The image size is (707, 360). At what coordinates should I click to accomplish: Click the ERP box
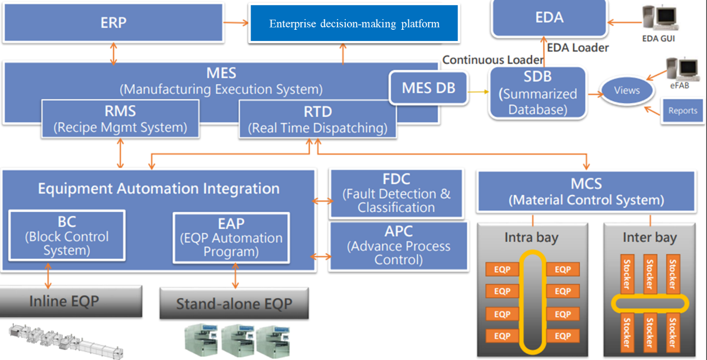tap(113, 22)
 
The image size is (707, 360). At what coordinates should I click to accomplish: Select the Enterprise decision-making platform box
tap(354, 24)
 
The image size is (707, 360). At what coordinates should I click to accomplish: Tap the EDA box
tap(549, 17)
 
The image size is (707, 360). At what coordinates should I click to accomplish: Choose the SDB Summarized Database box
tap(537, 93)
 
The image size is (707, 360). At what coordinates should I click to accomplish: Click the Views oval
tap(627, 90)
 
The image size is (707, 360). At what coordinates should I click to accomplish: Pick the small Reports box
tap(682, 111)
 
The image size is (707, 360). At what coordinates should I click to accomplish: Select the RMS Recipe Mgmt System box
tap(120, 119)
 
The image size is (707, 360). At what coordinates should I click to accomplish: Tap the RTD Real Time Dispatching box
tap(318, 119)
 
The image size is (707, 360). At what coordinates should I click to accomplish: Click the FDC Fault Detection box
tap(396, 193)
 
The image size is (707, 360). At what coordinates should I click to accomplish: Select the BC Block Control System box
tap(67, 235)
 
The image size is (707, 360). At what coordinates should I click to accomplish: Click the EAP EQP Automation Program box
tap(231, 238)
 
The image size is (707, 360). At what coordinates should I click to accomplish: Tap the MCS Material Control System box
tap(586, 191)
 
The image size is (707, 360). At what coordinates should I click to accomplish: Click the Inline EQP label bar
tap(63, 302)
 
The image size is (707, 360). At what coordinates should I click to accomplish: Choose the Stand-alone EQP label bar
tap(234, 304)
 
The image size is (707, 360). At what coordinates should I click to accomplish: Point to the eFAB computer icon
tap(679, 70)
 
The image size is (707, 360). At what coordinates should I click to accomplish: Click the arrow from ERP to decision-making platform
tap(235, 23)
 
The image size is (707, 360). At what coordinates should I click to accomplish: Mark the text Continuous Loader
tap(493, 60)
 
